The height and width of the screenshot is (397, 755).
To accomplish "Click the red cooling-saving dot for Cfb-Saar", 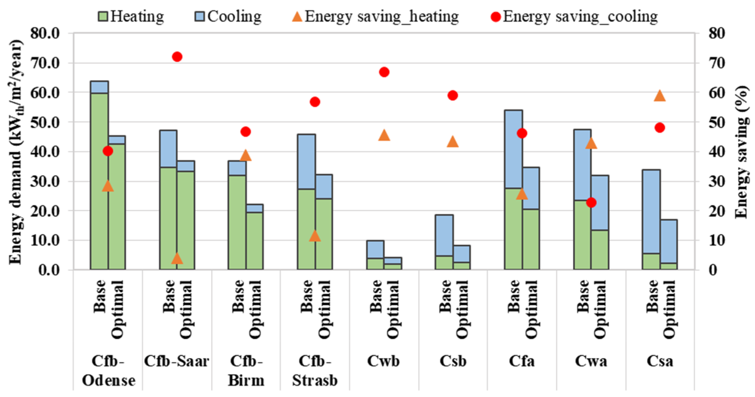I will pyautogui.click(x=177, y=57).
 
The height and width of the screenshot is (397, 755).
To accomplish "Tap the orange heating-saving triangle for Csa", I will pyautogui.click(x=660, y=96).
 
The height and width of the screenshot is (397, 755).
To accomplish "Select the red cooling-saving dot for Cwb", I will pyautogui.click(x=384, y=72).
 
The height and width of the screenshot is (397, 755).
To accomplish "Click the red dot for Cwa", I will pyautogui.click(x=591, y=203).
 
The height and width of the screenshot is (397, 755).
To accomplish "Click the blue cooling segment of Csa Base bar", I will pyautogui.click(x=651, y=211).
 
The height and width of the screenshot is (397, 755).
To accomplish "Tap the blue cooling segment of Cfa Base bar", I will pyautogui.click(x=513, y=149).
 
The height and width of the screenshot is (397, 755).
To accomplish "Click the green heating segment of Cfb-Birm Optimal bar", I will pyautogui.click(x=255, y=241).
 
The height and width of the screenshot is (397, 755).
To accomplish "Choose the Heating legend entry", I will pyautogui.click(x=131, y=16).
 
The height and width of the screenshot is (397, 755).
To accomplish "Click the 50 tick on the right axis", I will pyautogui.click(x=716, y=123).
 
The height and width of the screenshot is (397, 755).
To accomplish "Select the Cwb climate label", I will pyautogui.click(x=383, y=361).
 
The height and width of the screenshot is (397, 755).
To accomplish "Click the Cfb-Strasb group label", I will pyautogui.click(x=315, y=371).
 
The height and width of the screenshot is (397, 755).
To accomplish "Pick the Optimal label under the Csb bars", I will pyautogui.click(x=461, y=309).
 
